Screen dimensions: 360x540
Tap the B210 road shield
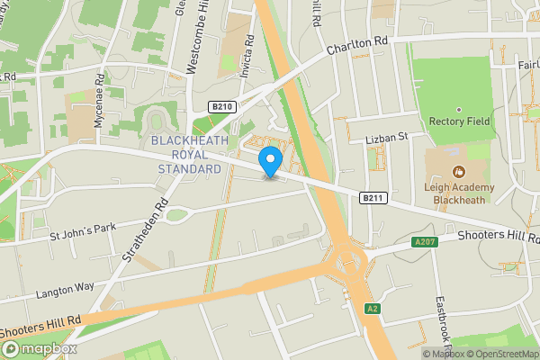[x=222, y=106]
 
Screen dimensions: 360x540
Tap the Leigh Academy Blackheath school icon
[x=459, y=171]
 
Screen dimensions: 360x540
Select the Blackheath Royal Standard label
[x=186, y=155]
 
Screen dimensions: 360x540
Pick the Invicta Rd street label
[x=251, y=53]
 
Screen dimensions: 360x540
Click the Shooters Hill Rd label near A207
[x=495, y=236]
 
